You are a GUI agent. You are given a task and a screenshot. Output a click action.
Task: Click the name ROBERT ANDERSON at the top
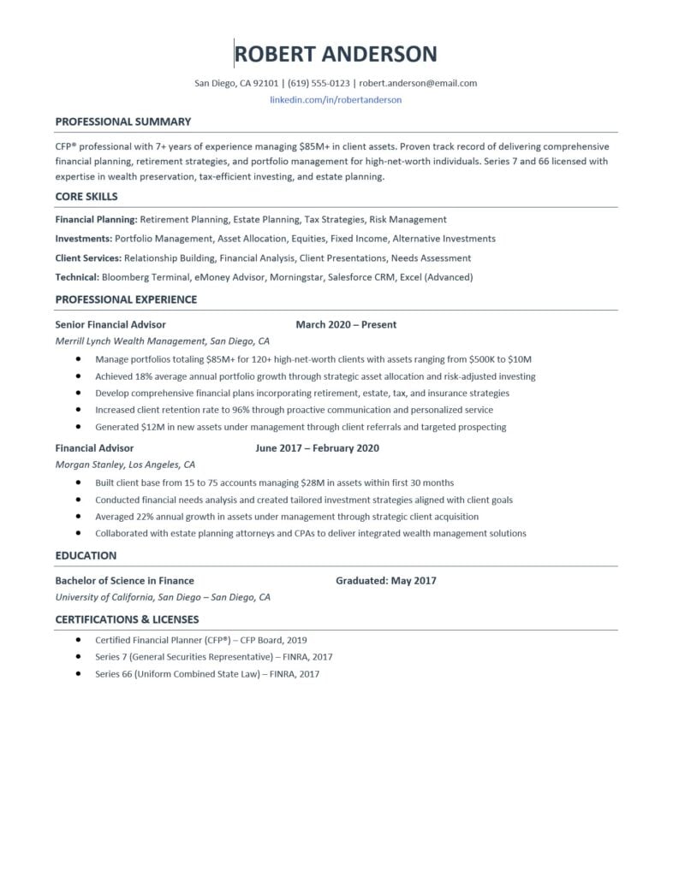point(336,54)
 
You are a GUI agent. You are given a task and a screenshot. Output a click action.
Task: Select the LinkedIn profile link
point(336,99)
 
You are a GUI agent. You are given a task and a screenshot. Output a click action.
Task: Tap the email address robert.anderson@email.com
point(418,83)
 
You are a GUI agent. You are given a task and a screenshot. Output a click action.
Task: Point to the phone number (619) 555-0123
point(319,83)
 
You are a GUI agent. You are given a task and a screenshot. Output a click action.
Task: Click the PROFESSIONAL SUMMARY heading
point(123,121)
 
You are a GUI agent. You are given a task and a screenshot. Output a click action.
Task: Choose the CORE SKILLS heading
point(86,196)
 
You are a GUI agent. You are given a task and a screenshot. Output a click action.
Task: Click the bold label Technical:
point(77,277)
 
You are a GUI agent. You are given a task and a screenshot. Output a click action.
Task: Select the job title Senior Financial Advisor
point(110,324)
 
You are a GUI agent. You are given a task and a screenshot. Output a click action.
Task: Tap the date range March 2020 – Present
point(346,324)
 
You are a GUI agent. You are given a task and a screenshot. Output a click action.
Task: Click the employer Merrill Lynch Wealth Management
point(129,340)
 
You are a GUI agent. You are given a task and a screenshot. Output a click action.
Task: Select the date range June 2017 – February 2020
point(317,447)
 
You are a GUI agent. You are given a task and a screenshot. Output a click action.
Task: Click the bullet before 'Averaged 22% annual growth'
point(78,517)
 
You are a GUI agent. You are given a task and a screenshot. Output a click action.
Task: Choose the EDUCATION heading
point(86,555)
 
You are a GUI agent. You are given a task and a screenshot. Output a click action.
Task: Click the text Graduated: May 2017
point(386,580)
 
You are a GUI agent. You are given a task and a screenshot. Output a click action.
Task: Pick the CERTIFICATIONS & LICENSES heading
point(127,619)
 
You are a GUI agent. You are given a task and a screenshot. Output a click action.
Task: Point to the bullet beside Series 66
point(78,674)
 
